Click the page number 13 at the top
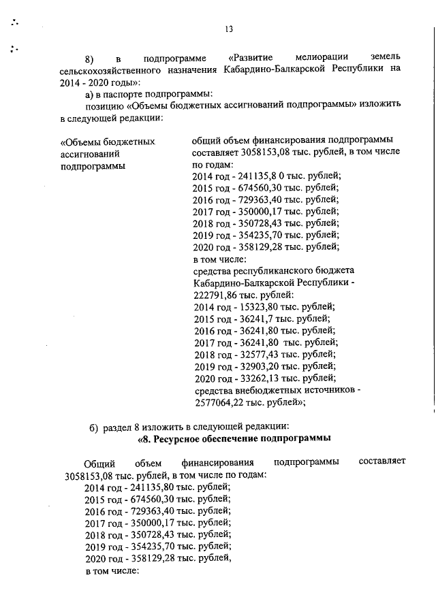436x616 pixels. click(228, 29)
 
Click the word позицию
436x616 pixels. click(104, 106)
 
